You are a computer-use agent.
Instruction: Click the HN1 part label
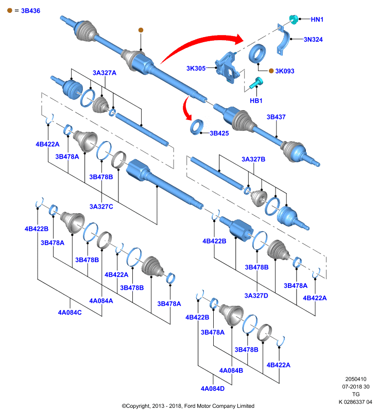tap(317, 20)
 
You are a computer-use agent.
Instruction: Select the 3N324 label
tap(314, 39)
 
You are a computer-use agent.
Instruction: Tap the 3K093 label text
tap(285, 71)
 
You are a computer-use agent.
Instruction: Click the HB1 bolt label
tap(256, 100)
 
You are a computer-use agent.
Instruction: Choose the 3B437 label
tap(276, 117)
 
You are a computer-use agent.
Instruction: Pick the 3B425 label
tap(219, 133)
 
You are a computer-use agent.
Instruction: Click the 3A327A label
tap(104, 73)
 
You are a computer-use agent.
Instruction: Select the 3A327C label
tap(101, 206)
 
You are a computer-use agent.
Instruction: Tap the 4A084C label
tap(70, 312)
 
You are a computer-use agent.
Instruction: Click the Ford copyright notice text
tap(188, 406)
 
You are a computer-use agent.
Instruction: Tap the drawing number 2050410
tap(356, 379)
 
